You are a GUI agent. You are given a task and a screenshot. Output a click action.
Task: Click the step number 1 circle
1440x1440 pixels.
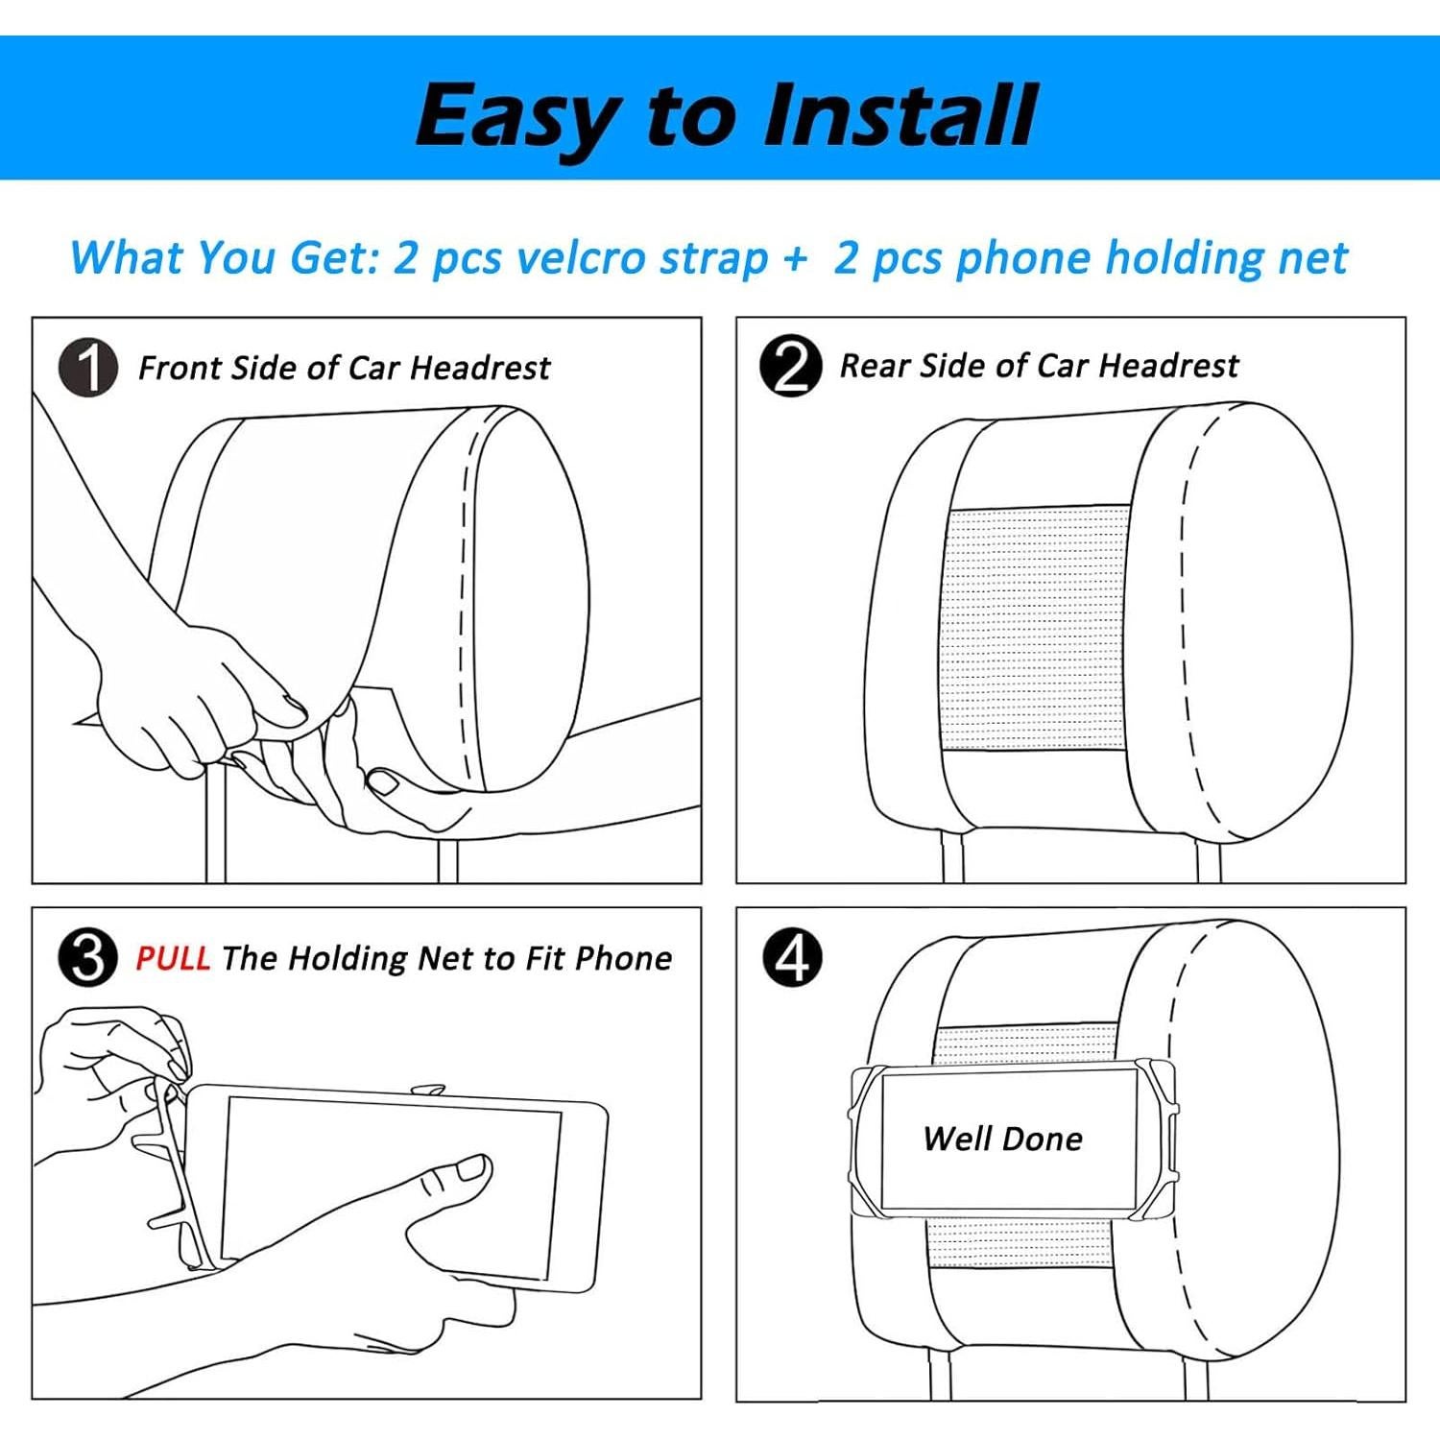(88, 368)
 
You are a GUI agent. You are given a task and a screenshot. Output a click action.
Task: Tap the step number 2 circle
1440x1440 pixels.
(790, 366)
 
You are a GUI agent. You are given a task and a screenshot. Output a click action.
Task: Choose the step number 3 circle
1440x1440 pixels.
(88, 957)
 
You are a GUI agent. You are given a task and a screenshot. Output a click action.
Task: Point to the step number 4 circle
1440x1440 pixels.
(792, 957)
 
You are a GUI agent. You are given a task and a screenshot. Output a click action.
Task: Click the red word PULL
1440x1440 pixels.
(173, 957)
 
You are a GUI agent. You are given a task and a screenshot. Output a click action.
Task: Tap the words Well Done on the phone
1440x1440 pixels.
(1003, 1139)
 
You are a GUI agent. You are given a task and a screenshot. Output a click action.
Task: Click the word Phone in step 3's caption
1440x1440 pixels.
(624, 958)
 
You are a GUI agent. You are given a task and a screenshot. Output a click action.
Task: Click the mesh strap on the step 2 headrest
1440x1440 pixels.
(1037, 629)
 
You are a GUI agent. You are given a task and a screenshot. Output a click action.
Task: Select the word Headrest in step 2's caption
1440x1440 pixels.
(1168, 366)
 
